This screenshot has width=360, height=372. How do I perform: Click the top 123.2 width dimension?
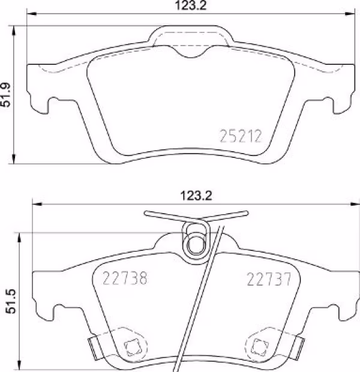coord(191,5)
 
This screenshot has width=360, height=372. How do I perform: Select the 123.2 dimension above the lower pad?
coord(196,196)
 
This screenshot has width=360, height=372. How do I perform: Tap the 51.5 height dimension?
coord(10,301)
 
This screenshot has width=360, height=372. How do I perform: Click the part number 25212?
coord(241,136)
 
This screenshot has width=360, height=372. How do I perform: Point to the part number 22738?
coord(125,278)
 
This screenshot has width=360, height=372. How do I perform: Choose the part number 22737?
coord(269,279)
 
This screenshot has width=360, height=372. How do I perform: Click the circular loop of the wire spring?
coord(196,245)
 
